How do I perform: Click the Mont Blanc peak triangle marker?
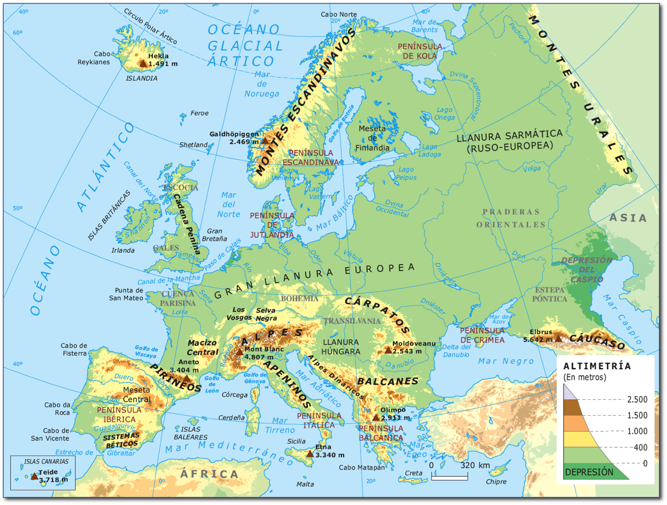(x=239, y=352)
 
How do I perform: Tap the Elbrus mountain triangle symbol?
(x=558, y=338)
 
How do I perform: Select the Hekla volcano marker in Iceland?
(x=143, y=63)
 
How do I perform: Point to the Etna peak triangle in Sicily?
(x=310, y=454)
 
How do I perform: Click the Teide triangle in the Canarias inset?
(x=34, y=476)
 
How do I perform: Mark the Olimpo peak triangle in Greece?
(x=376, y=418)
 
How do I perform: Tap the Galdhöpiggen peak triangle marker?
(x=265, y=141)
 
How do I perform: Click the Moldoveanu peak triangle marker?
(x=388, y=350)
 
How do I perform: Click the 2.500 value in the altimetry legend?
(x=637, y=399)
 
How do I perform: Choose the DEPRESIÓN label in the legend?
(x=589, y=472)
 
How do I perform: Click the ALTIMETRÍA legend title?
(x=597, y=366)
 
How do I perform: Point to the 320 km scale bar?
(x=450, y=477)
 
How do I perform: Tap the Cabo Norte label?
(x=339, y=14)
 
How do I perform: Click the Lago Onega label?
(x=445, y=113)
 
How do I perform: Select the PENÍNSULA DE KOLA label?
(x=419, y=51)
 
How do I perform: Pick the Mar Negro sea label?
(x=505, y=361)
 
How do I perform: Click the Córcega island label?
(x=234, y=395)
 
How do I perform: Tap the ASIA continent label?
(x=628, y=218)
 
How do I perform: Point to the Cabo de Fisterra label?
(x=74, y=350)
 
